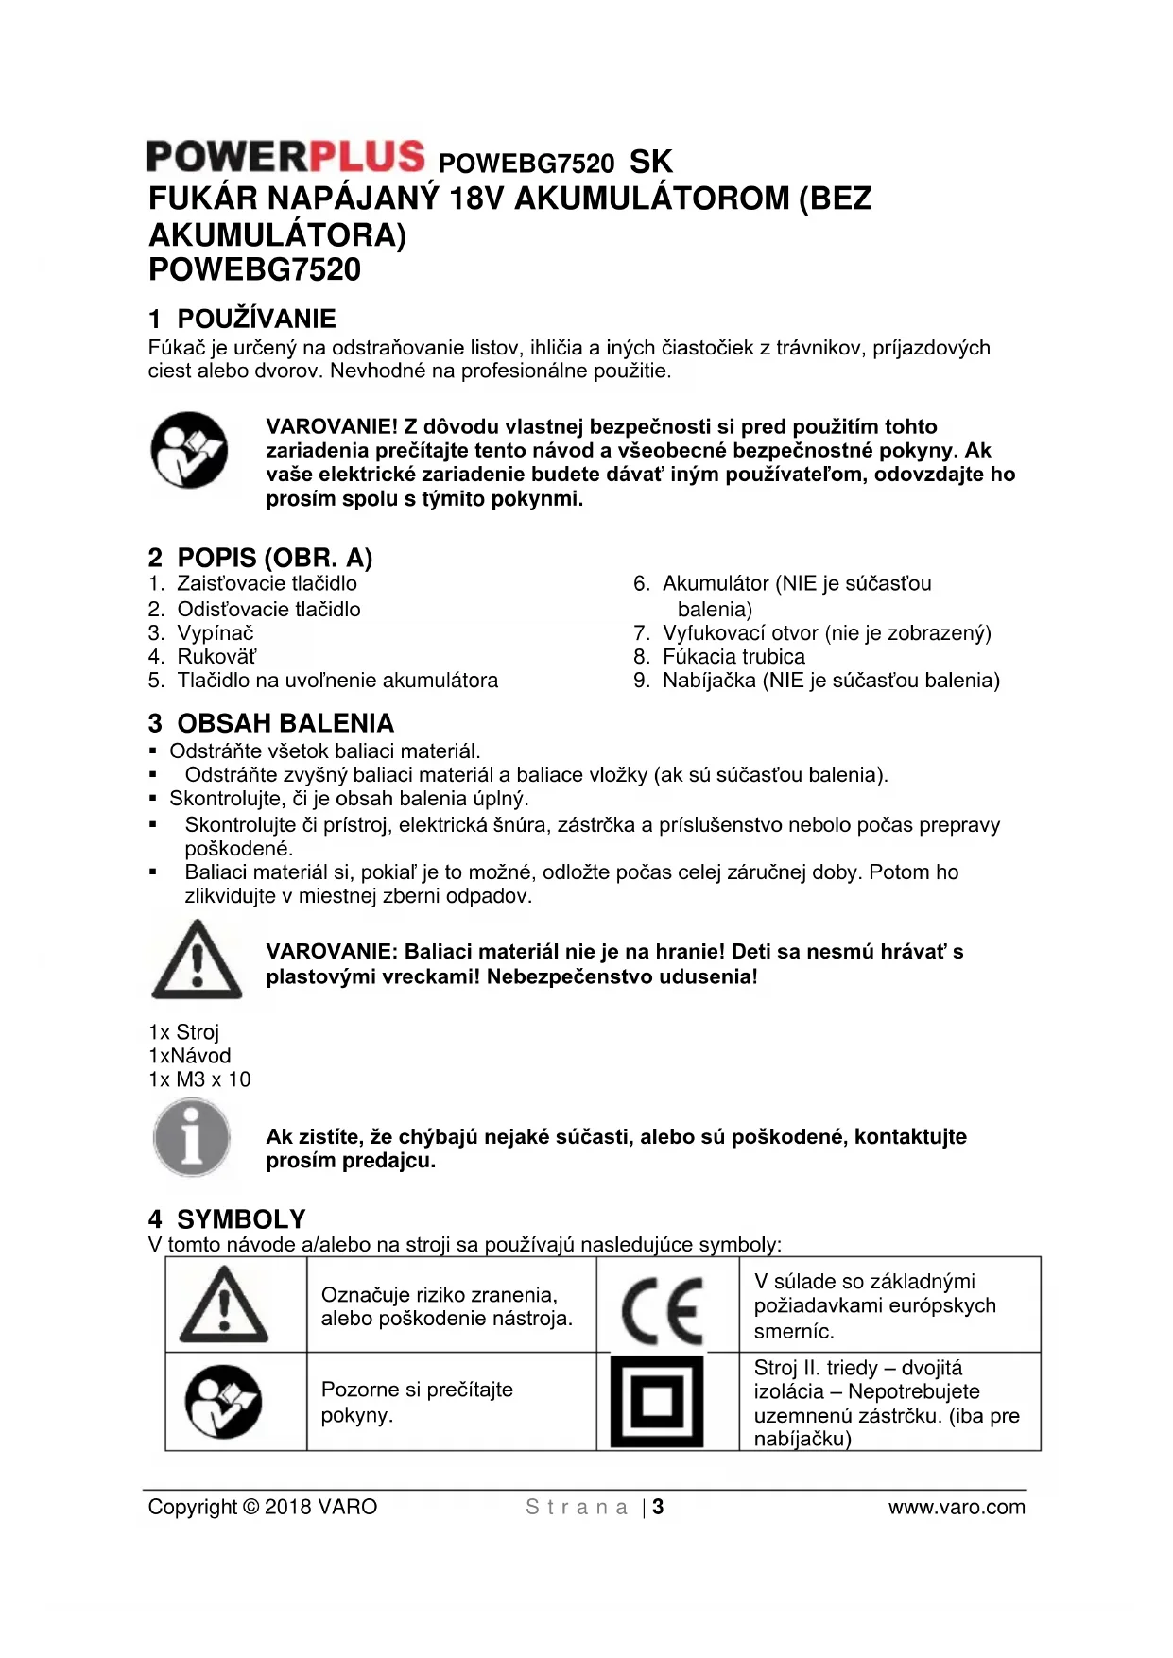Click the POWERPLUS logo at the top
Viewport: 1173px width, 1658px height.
coord(285,157)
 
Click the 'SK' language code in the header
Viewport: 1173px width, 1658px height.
coord(651,163)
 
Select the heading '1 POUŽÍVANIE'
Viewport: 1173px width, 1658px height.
coord(242,319)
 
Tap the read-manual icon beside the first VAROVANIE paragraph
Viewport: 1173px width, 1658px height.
coord(189,450)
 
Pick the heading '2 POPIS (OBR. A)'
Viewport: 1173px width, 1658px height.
coord(260,558)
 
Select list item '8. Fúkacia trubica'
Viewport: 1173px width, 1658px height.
coord(719,656)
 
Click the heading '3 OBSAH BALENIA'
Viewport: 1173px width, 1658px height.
coord(270,723)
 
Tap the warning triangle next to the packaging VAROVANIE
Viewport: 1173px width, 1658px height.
coord(197,960)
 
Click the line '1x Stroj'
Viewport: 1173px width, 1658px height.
coord(183,1032)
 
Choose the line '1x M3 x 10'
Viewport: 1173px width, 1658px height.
coord(199,1079)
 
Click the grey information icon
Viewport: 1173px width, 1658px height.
coord(192,1138)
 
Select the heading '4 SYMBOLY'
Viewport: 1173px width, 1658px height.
coord(227,1219)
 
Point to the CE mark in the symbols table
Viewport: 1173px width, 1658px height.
coord(663,1310)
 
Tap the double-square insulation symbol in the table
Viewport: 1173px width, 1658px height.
coord(657,1402)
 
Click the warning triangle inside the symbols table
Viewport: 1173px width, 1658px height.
coord(224,1305)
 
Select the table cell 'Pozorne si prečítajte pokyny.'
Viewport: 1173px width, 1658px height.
coord(417,1402)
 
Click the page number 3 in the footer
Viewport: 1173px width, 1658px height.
coord(658,1507)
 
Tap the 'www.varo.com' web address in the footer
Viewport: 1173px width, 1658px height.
coord(957,1507)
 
